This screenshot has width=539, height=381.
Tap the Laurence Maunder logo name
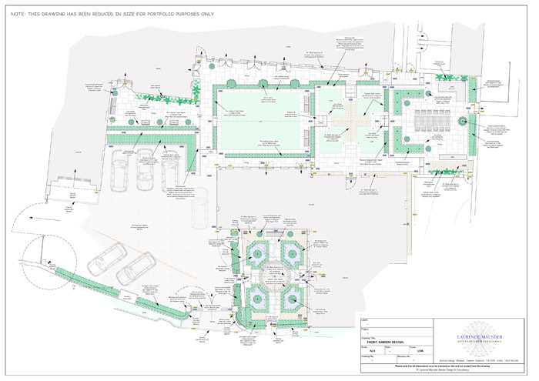[480, 336]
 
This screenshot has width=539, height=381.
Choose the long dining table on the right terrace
[427, 121]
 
